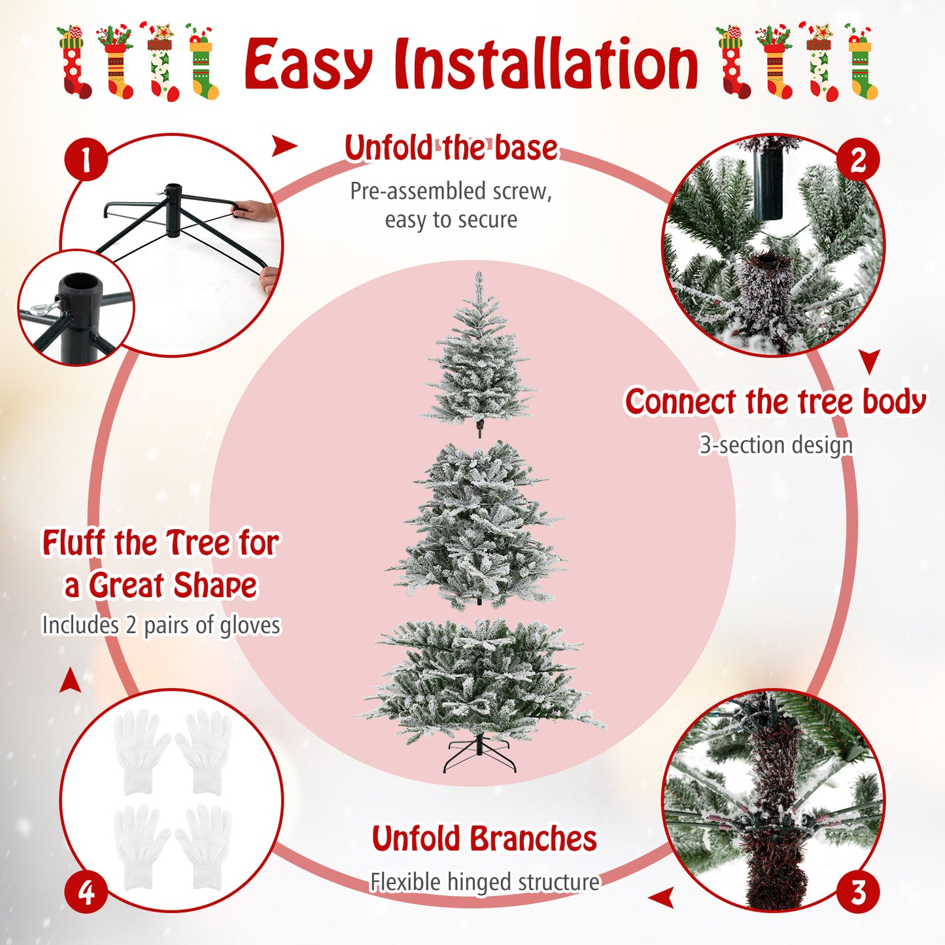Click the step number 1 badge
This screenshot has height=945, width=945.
(x=86, y=160)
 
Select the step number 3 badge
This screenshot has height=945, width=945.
(x=857, y=892)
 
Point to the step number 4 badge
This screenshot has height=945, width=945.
(x=86, y=892)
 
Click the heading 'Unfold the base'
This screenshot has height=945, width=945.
(x=451, y=148)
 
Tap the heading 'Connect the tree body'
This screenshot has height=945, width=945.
(x=775, y=402)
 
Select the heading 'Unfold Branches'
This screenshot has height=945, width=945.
(x=484, y=839)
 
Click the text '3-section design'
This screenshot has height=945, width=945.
(x=776, y=445)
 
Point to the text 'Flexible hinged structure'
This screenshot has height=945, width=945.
(x=485, y=882)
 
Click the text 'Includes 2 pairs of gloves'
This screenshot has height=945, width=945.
(x=161, y=625)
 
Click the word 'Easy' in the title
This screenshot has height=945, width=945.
(x=309, y=65)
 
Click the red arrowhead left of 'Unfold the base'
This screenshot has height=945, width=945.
(x=283, y=146)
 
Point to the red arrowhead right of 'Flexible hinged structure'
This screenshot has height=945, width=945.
(x=663, y=898)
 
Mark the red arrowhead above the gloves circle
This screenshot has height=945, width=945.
(x=71, y=681)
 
